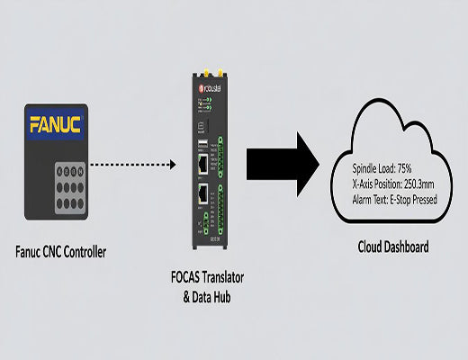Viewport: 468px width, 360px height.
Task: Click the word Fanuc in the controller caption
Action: tap(32, 253)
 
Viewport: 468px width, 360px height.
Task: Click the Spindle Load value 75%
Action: tap(406, 168)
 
